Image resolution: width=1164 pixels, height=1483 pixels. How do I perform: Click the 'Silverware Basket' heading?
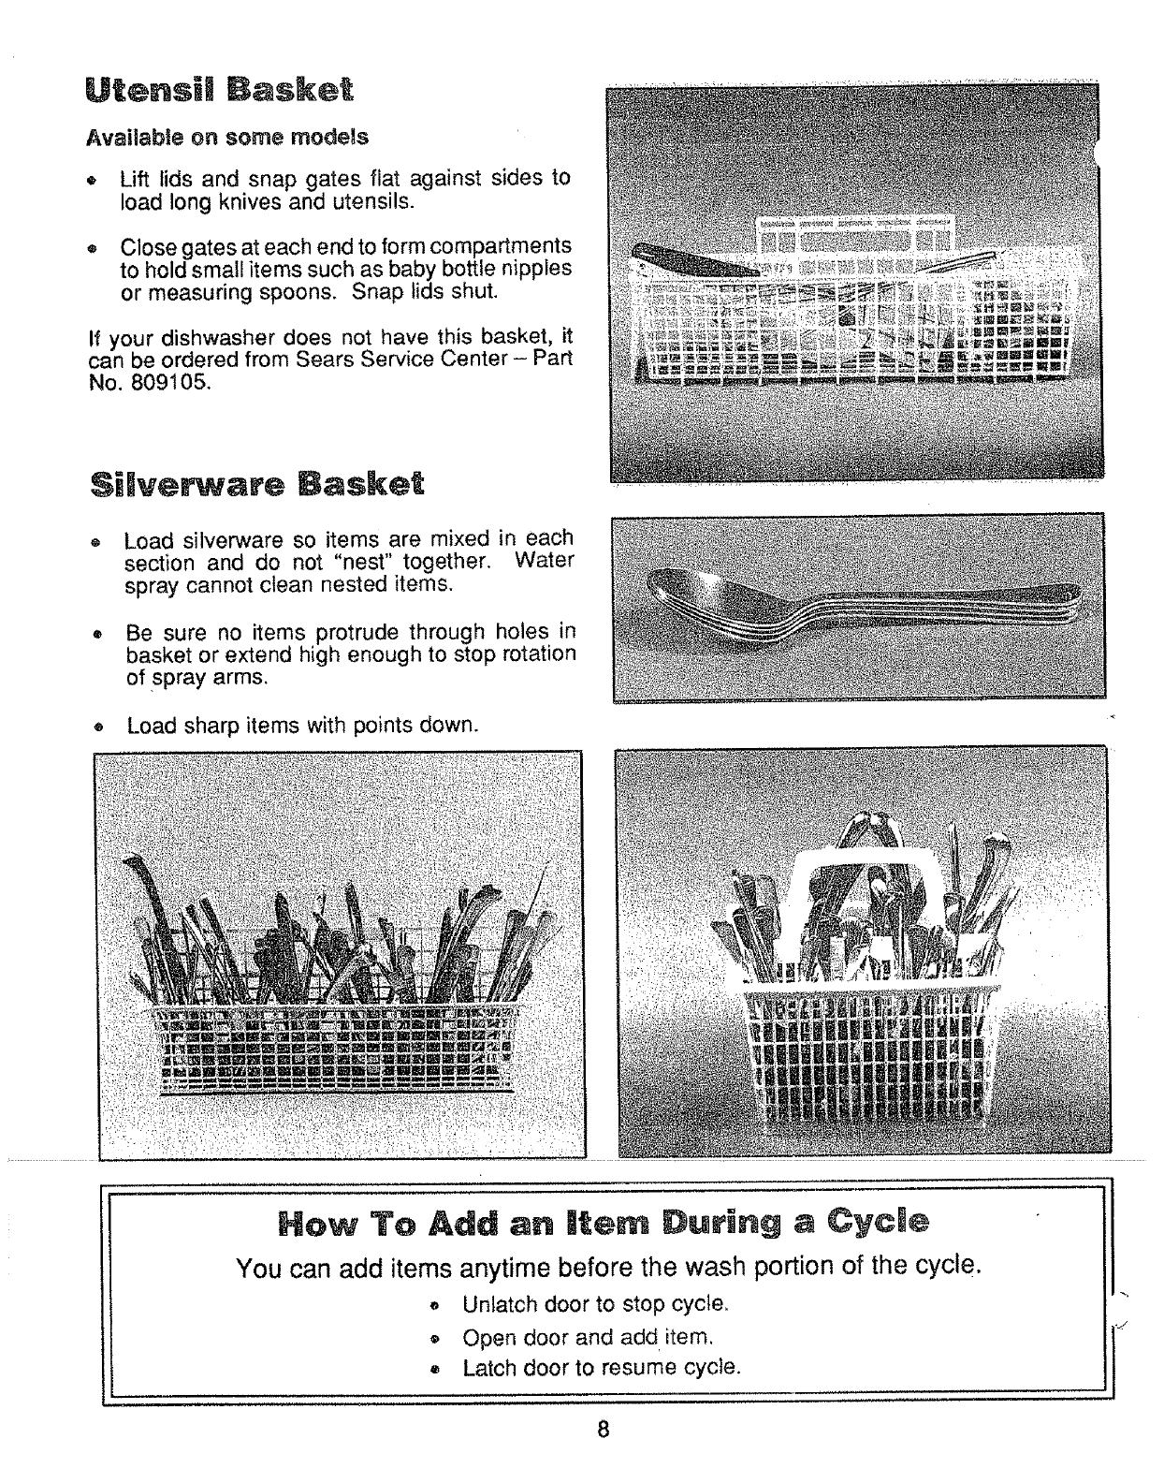coord(257,485)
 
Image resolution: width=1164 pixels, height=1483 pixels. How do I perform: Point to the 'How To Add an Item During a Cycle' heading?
coord(604,1223)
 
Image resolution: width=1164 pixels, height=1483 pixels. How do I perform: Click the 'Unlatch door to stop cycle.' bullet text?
coord(595,1304)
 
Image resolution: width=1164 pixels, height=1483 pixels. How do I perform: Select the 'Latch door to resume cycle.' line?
coord(602,1368)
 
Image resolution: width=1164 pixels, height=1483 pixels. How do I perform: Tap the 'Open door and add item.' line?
coord(589,1336)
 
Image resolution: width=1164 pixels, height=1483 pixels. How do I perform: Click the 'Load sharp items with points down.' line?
coord(302,726)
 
